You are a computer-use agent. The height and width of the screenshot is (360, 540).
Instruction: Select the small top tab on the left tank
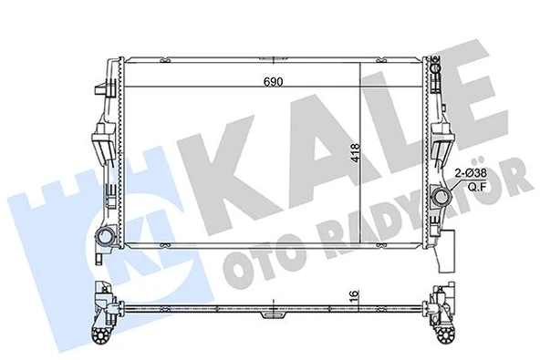coord(99,87)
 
